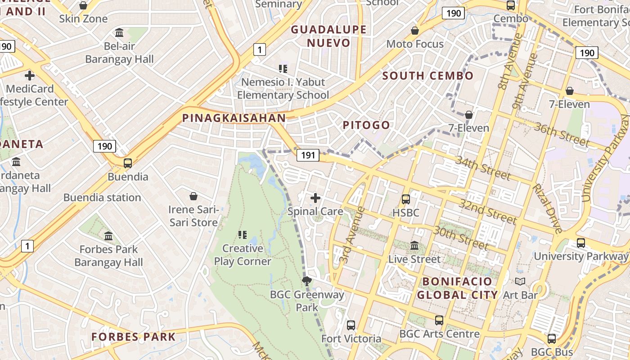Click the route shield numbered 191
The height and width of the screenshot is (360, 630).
308,155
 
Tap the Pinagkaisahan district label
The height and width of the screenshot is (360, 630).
234,118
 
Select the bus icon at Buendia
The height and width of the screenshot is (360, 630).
128,163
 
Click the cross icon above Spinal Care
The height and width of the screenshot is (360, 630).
315,198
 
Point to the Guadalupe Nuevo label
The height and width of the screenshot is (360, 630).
328,36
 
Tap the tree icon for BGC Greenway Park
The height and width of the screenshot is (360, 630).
307,282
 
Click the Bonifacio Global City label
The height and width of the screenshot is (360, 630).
457,288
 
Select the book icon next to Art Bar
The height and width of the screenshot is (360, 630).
520,282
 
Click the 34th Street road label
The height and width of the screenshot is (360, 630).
483,167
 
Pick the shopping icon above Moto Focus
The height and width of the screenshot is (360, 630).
415,31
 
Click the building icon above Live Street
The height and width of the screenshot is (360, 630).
414,246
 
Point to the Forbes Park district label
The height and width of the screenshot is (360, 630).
133,337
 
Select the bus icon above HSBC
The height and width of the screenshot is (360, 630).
405,199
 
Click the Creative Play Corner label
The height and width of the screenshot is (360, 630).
243,255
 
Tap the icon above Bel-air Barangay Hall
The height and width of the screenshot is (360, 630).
119,32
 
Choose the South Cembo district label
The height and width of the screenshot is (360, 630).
428,76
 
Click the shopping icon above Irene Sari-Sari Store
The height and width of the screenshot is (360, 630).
193,196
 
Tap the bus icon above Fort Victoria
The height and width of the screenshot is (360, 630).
351,325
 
